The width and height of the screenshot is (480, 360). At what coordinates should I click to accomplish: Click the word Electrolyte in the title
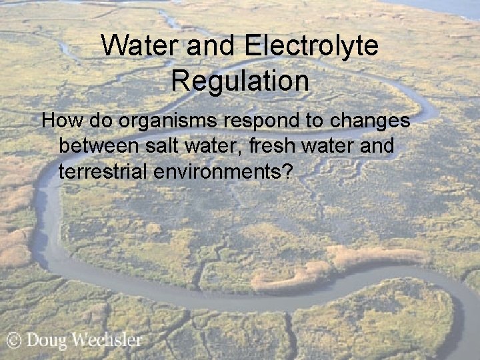pos(311,47)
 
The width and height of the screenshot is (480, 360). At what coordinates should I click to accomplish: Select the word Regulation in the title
pos(240,81)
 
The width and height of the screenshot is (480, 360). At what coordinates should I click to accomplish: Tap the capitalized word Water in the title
pos(139,47)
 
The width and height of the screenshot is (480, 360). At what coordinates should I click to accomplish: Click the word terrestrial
pos(103,171)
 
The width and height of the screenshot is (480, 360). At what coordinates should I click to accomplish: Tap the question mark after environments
pos(287,171)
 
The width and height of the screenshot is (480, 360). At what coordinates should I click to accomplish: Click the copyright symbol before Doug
pos(14,341)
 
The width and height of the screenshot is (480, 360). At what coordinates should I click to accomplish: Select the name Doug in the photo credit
pos(47,341)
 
